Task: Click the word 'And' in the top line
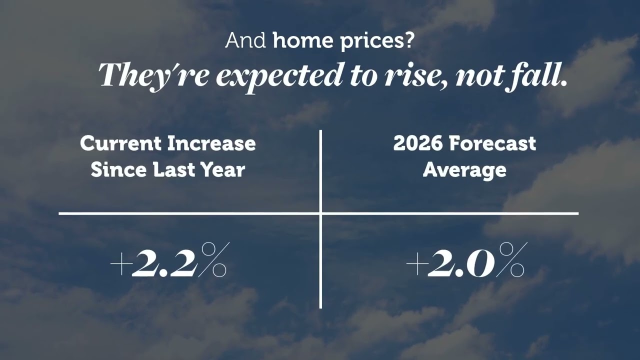245,40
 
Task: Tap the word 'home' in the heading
303,40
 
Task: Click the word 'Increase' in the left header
211,143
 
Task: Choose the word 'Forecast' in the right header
492,143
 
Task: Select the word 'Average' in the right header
464,170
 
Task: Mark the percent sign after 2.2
213,259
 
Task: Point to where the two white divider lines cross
320,213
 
